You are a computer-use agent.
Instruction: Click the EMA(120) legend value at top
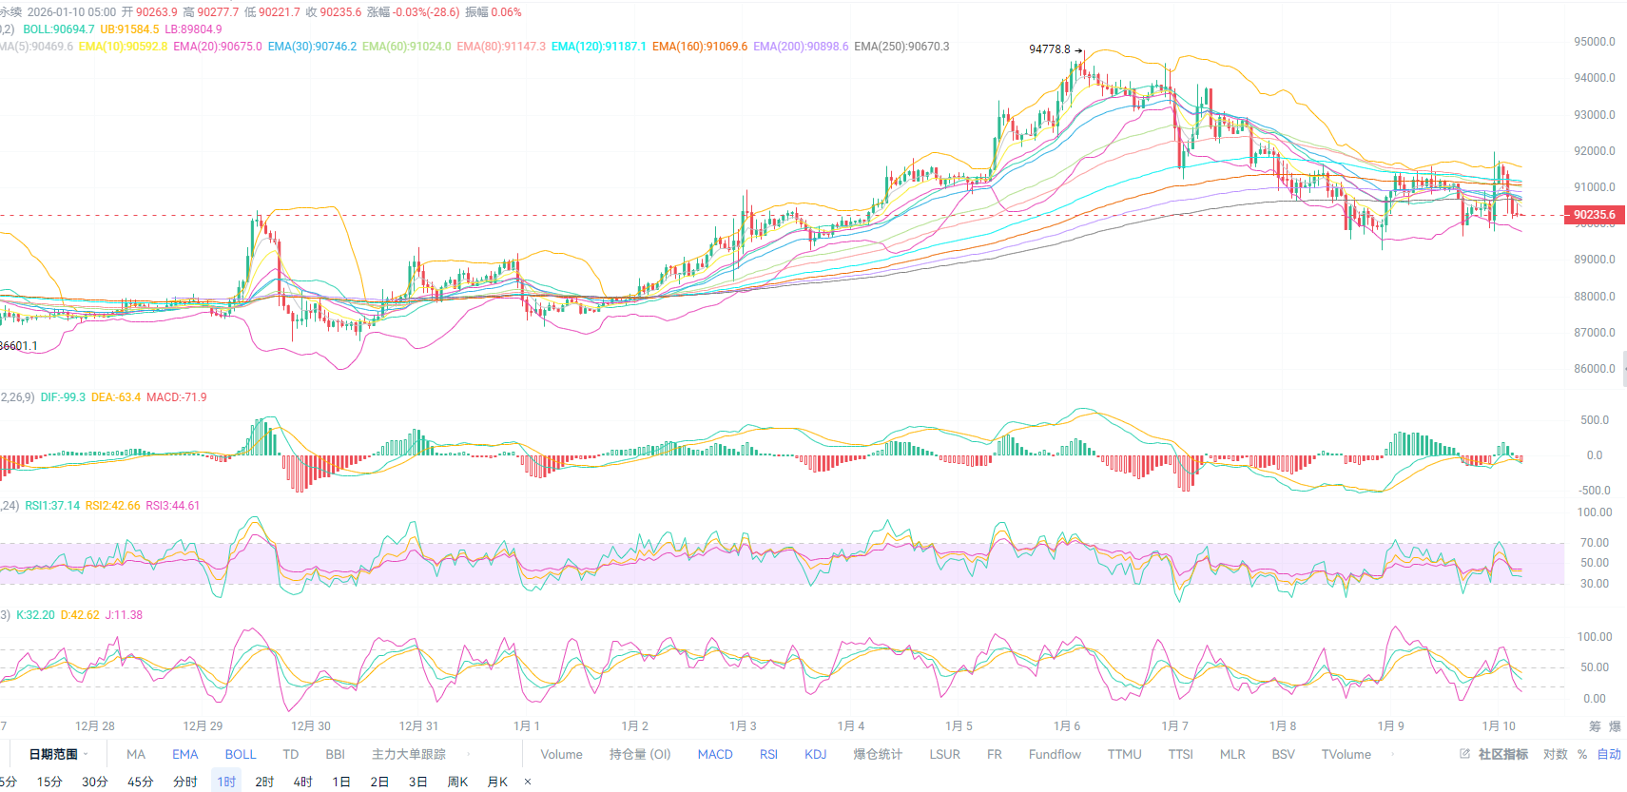click(x=598, y=47)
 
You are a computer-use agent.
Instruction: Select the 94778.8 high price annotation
click(x=1049, y=49)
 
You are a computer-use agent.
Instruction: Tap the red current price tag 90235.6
click(x=1595, y=215)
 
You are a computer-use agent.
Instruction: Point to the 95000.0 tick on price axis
click(x=1594, y=42)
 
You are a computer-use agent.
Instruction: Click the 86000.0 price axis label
click(x=1594, y=369)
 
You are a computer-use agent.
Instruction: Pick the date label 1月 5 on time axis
click(x=959, y=726)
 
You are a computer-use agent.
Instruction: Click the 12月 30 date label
click(x=311, y=726)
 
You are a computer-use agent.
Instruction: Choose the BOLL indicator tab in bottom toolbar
click(x=241, y=755)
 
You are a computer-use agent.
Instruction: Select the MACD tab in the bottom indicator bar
click(x=715, y=755)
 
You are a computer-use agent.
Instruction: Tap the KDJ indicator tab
click(x=815, y=755)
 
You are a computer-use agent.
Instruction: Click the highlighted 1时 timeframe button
click(x=226, y=782)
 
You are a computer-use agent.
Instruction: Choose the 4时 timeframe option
click(x=302, y=782)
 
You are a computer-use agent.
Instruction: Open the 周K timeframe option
click(x=457, y=782)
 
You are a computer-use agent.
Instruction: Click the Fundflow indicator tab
click(x=1055, y=755)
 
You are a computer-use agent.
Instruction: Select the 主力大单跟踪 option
click(x=408, y=755)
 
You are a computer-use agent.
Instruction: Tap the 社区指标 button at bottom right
click(x=1502, y=755)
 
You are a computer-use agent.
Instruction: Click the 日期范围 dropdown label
click(x=53, y=755)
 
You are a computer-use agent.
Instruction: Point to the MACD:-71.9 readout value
click(x=176, y=397)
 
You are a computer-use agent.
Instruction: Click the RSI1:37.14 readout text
click(x=52, y=506)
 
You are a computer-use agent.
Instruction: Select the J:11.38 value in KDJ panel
click(x=124, y=615)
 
